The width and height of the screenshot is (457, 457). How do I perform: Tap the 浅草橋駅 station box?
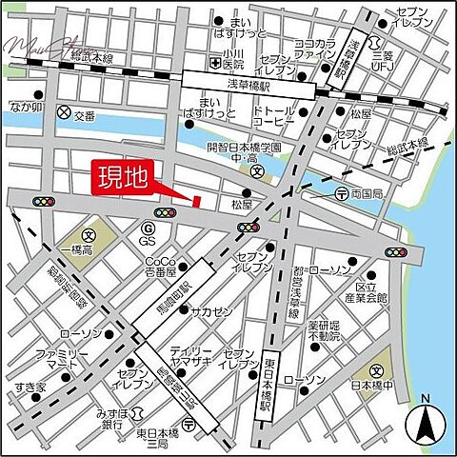click(x=250, y=82)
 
